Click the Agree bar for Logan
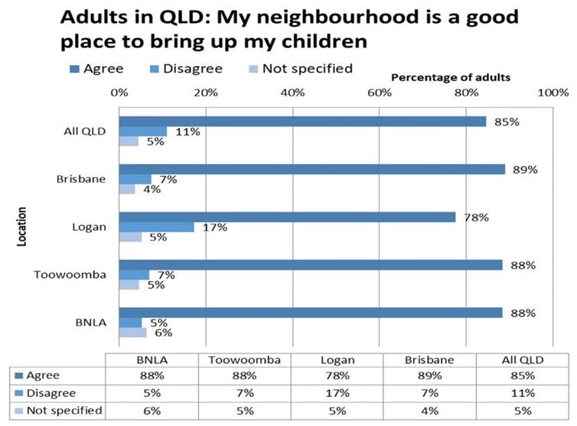click(287, 217)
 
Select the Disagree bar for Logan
click(156, 227)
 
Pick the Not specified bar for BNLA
click(132, 333)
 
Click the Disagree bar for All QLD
click(142, 131)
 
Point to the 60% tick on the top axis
click(380, 93)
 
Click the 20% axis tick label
click(206, 93)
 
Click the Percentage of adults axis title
click(451, 77)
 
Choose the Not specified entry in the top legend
click(306, 69)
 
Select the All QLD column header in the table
click(517, 359)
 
